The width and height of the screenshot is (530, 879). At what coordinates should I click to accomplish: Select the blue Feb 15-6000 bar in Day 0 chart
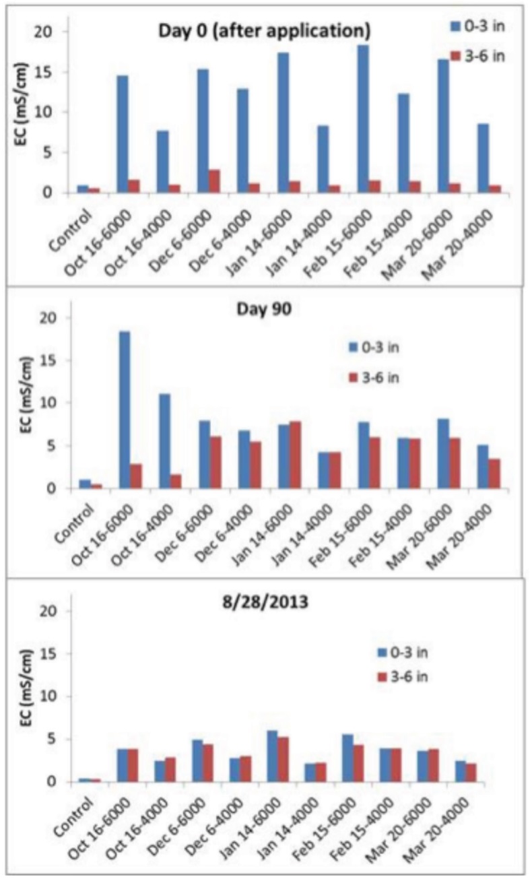(x=363, y=119)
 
